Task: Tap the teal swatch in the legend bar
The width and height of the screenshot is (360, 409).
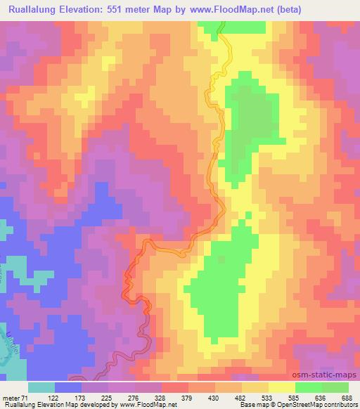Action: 41,387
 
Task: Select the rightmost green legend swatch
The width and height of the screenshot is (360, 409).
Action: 335,387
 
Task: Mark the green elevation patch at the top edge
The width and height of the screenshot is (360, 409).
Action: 211,26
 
